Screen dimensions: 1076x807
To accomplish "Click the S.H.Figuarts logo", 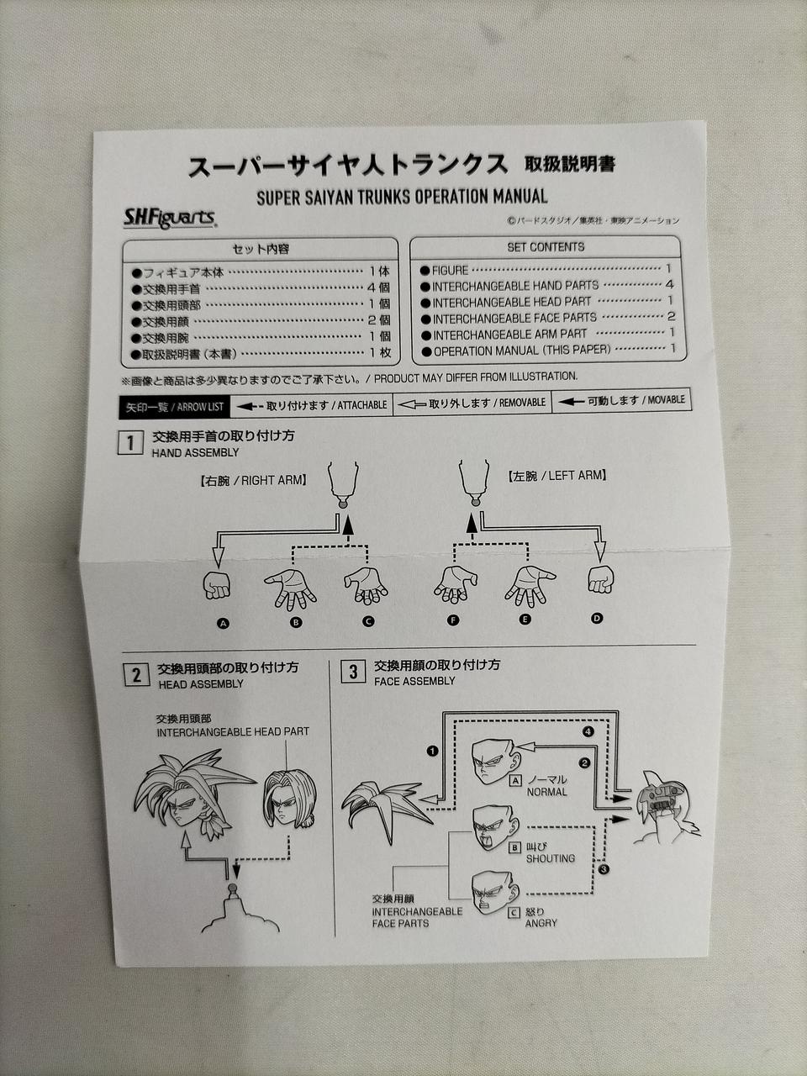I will point(170,219).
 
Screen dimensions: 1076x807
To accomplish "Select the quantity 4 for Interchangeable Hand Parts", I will point(670,285).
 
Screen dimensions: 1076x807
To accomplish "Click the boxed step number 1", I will point(130,443).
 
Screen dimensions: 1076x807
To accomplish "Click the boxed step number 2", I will point(136,674).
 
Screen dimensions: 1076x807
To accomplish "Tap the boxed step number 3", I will point(353,672).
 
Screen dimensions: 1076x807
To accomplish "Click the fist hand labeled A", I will point(217,585).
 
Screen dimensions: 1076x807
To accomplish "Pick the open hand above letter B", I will point(290,587).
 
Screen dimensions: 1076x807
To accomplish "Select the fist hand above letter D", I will point(600,580).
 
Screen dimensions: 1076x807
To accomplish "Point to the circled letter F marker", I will point(454,620).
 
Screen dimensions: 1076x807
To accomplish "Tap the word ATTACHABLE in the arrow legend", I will point(362,405).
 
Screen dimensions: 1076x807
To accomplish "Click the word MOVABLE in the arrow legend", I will point(666,400).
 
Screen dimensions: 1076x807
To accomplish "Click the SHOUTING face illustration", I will point(495,826).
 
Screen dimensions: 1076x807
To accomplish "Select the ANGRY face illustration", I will point(493,892).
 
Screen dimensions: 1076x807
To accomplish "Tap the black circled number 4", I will point(588,731).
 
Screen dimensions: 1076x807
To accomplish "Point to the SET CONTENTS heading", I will point(545,247).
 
